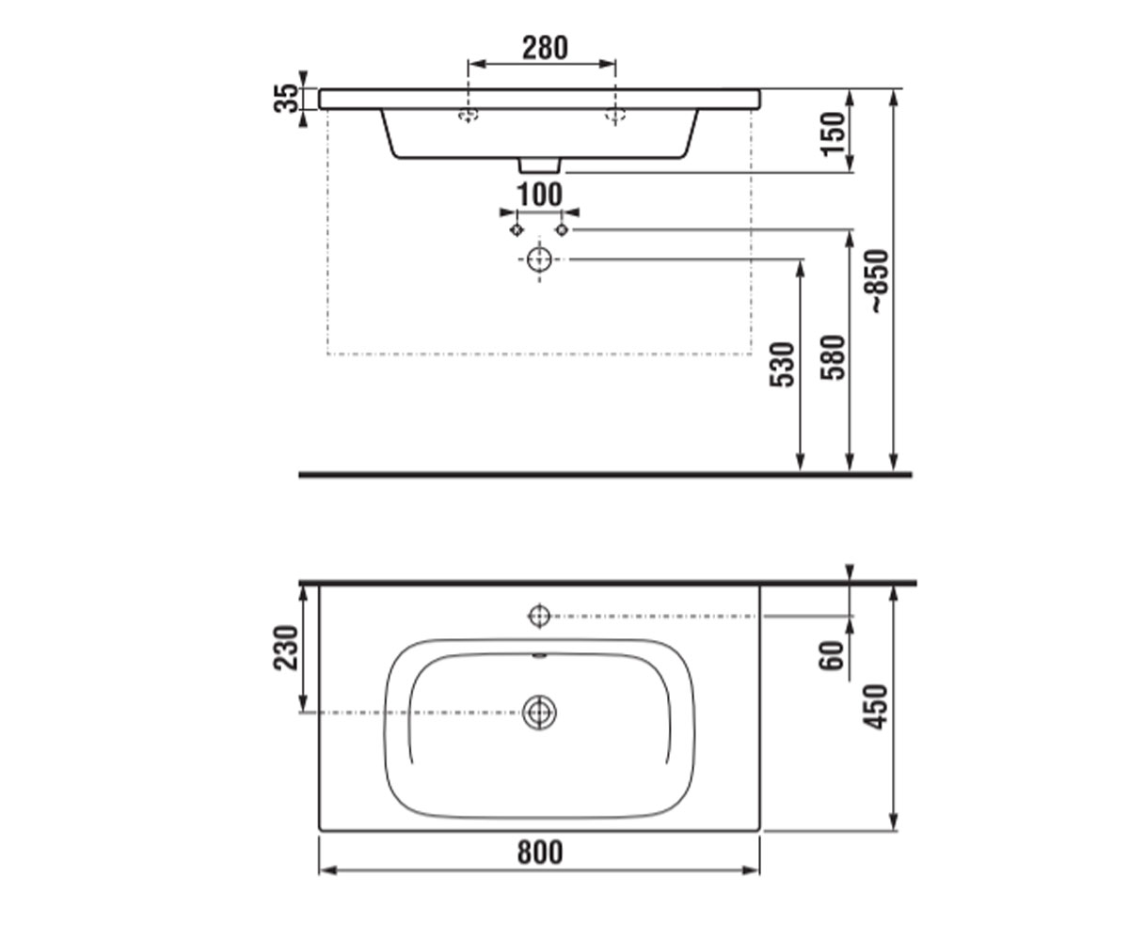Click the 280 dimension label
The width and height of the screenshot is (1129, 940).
tap(545, 48)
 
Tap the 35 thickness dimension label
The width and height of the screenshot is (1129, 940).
tap(286, 98)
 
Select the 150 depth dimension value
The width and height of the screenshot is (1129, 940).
tap(833, 134)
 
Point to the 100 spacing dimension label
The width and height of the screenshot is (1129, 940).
tap(540, 195)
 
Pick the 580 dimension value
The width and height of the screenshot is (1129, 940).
tap(833, 357)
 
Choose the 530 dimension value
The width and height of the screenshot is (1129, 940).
tap(783, 364)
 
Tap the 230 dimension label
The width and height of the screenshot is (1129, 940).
tap(286, 648)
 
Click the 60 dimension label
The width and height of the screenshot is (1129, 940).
tap(832, 656)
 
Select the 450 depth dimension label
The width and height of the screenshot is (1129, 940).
tap(875, 707)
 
